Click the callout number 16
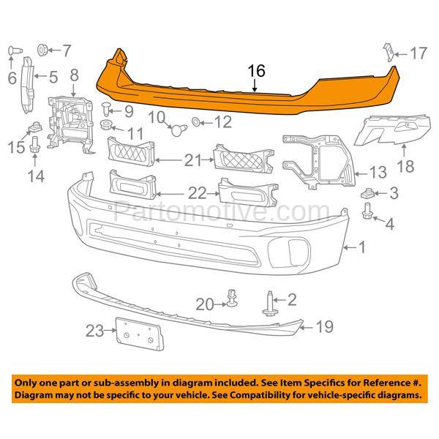[257, 71]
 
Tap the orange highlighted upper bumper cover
[247, 89]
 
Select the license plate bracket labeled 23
[140, 334]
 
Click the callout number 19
[325, 327]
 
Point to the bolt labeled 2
[269, 304]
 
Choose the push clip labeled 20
[232, 298]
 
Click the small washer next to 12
[195, 121]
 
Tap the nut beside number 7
[42, 50]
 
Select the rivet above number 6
[15, 51]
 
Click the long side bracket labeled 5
[28, 85]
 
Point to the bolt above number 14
[34, 145]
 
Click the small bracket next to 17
[389, 53]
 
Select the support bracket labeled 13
[319, 161]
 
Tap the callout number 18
[405, 167]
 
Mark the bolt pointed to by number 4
[367, 211]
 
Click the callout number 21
[192, 160]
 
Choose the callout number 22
[197, 193]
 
